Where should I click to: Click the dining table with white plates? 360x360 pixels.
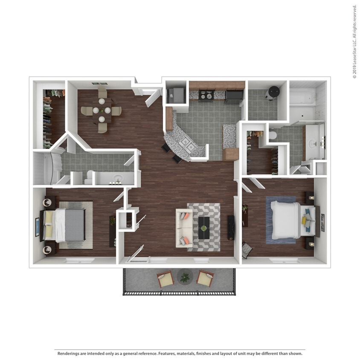pos(102,110)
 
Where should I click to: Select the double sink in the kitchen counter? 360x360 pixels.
pos(188,145)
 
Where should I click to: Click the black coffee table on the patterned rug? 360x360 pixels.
pos(204,227)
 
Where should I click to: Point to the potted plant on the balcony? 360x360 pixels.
pos(185,278)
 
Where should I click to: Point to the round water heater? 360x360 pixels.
pos(273,92)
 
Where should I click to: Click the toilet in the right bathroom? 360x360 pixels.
pos(273,136)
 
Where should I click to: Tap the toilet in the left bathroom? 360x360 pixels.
pos(89,177)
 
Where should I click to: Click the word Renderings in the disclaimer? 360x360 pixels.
pos(69,354)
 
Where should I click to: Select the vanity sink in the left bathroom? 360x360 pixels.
pos(116,178)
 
